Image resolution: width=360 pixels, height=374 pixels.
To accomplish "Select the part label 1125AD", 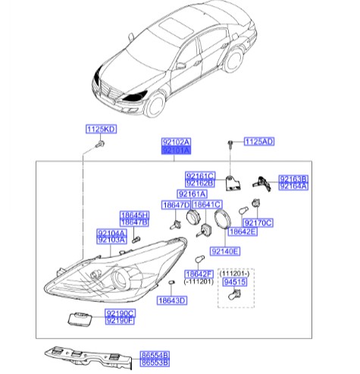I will pyautogui.click(x=258, y=142).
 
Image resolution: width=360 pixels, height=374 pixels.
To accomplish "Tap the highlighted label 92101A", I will pyautogui.click(x=176, y=151).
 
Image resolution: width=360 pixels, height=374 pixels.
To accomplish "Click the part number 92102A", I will pyautogui.click(x=176, y=143).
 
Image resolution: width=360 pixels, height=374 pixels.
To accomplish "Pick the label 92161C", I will pyautogui.click(x=201, y=175).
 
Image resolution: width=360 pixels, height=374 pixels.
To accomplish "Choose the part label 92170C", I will pyautogui.click(x=258, y=222).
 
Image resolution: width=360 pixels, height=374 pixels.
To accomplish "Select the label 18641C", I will pyautogui.click(x=206, y=205).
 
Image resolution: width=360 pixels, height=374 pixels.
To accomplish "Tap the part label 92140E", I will pyautogui.click(x=224, y=250).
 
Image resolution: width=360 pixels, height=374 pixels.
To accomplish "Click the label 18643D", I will pyautogui.click(x=172, y=300).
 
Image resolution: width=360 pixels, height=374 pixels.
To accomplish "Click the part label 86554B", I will pyautogui.click(x=155, y=354).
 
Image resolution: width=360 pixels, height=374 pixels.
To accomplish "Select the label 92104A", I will pyautogui.click(x=111, y=233).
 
